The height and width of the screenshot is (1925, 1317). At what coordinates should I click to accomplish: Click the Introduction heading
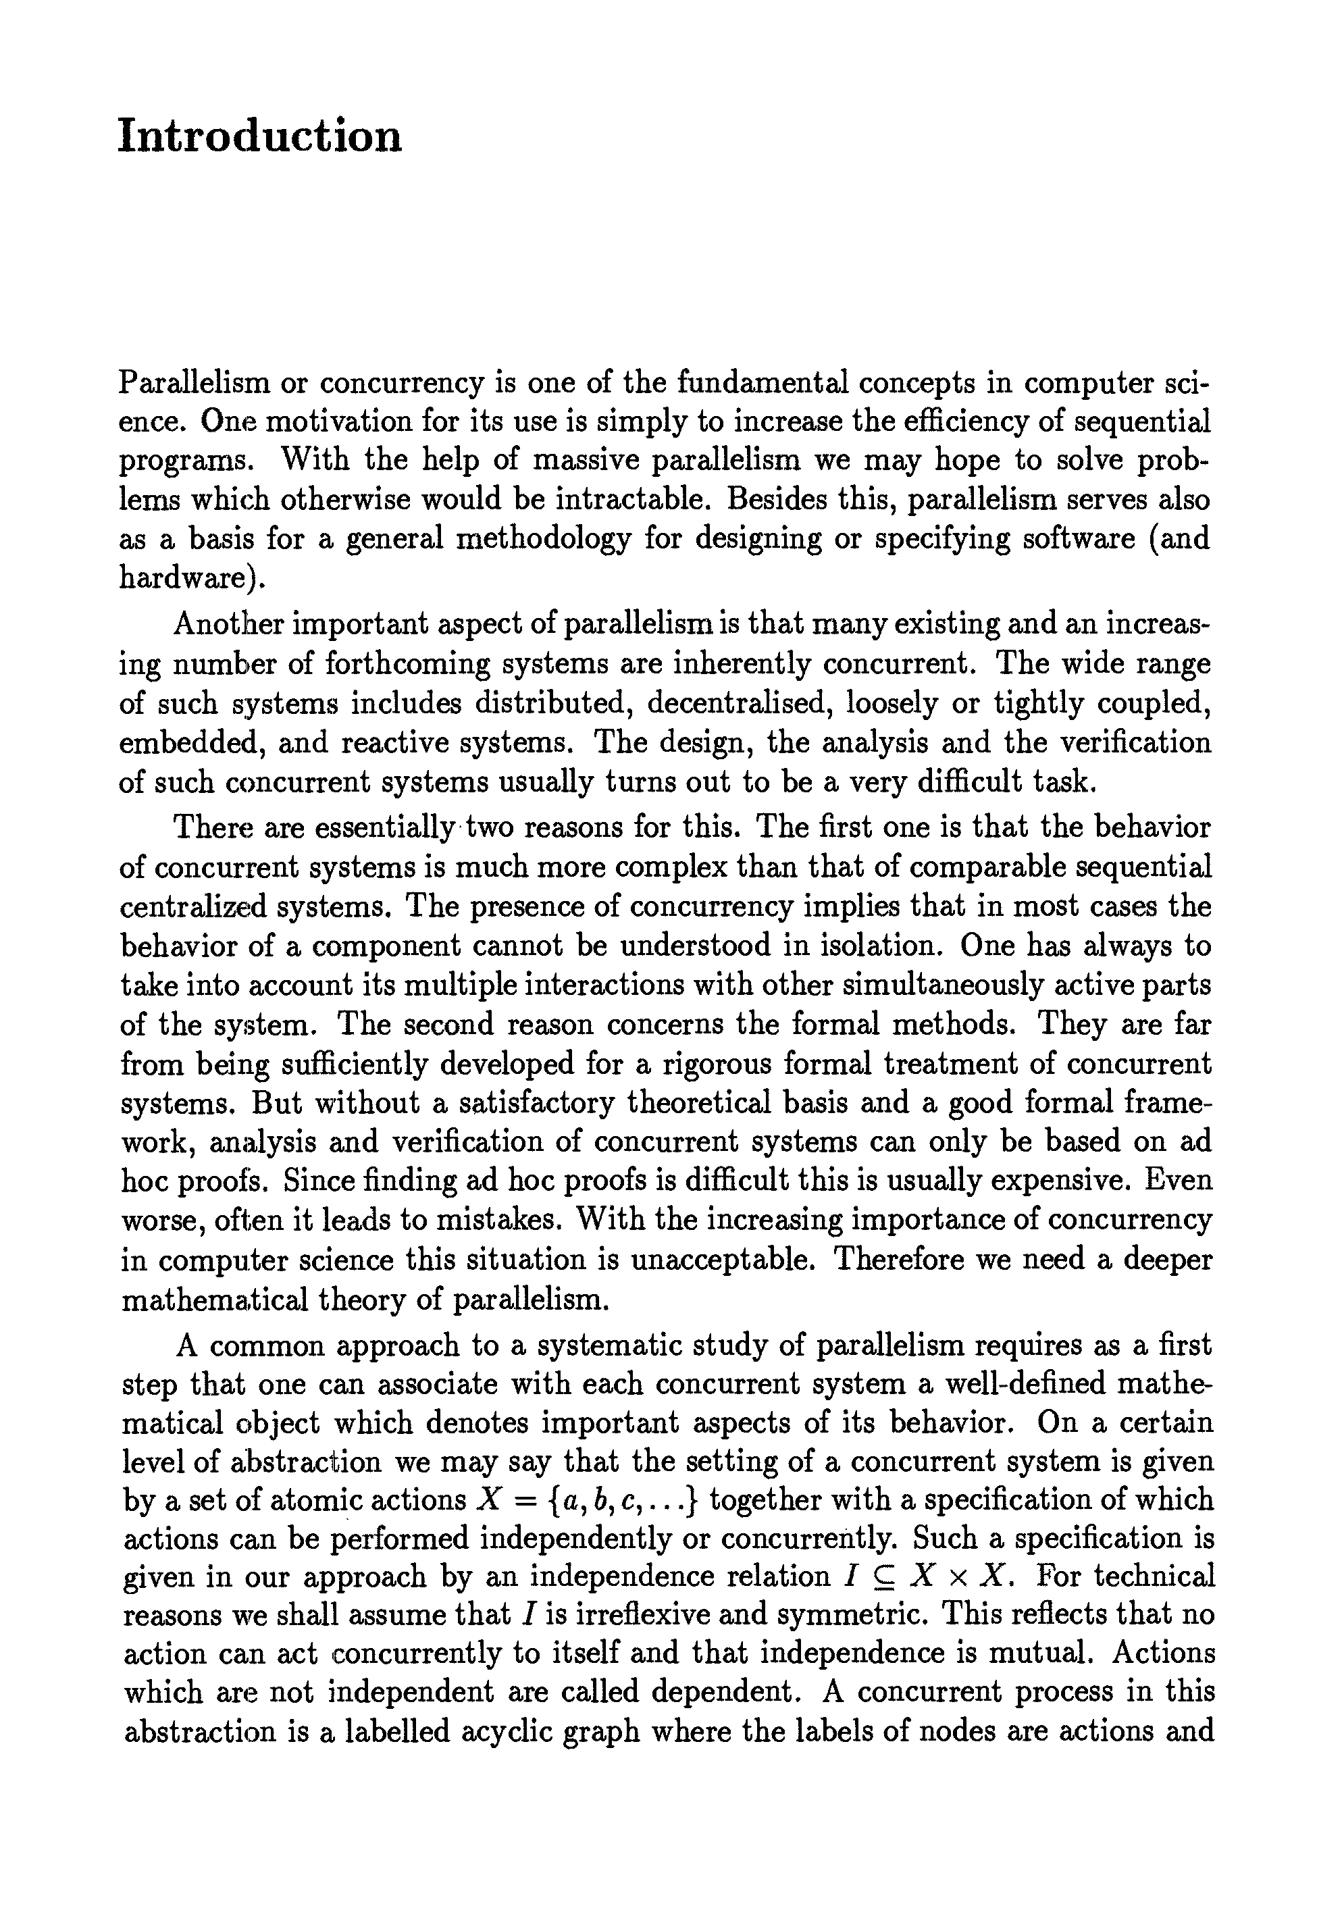(259, 136)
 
